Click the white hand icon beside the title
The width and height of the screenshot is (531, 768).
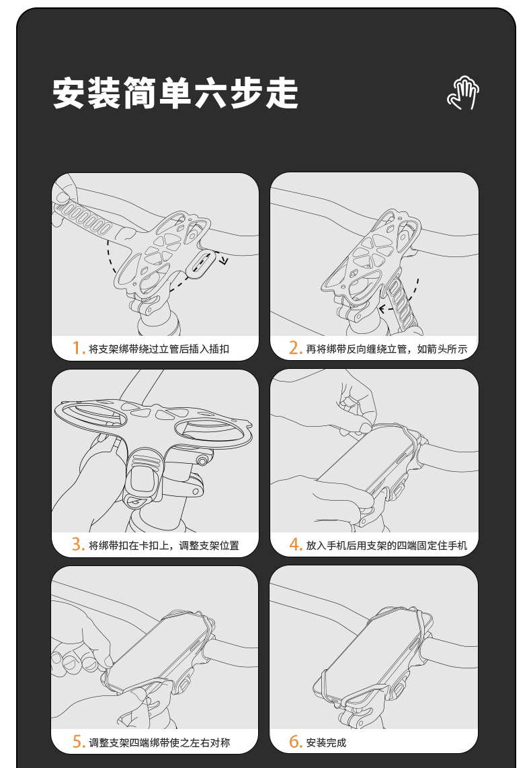click(x=463, y=93)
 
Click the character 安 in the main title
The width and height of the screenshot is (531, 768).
click(x=69, y=93)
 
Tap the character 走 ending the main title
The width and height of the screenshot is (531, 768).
click(x=282, y=93)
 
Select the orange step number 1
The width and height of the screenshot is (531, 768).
click(x=78, y=348)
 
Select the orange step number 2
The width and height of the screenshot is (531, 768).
click(x=295, y=348)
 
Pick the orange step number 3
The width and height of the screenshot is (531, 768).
click(x=78, y=544)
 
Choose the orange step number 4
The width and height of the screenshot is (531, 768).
click(x=295, y=544)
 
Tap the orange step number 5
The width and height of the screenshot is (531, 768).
click(x=79, y=742)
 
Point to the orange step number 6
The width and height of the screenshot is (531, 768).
click(x=295, y=742)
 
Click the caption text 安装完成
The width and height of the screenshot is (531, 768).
click(x=326, y=742)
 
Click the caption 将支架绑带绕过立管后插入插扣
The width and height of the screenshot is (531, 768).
click(x=159, y=349)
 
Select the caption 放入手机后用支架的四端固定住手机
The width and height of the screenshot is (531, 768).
click(x=386, y=545)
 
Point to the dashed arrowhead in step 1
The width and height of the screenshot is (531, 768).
click(x=223, y=260)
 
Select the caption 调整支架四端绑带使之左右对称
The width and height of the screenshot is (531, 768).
click(x=159, y=742)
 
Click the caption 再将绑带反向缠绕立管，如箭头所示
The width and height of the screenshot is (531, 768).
click(x=386, y=349)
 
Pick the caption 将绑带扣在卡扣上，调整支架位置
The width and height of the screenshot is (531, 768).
click(x=164, y=545)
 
